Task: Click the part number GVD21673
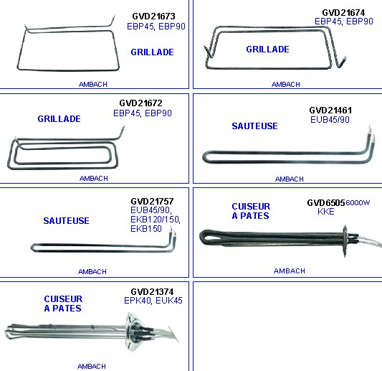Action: coord(153,17)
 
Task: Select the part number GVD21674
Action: coord(343,12)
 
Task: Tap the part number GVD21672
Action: coord(140,103)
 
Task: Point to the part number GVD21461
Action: coord(330,111)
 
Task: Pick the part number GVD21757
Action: coord(152,202)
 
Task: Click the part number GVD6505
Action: coord(326,202)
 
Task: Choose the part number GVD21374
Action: coord(152,292)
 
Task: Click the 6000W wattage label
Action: coord(358,202)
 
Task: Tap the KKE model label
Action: coord(326,212)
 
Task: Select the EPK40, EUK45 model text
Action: coord(153,301)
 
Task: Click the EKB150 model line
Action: coord(146,229)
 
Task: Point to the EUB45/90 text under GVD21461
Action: coord(330,120)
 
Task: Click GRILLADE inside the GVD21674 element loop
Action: coord(268,50)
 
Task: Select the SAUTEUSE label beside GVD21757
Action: coord(66,221)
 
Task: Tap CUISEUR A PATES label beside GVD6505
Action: coord(251,211)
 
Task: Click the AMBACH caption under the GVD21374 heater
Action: coord(92,367)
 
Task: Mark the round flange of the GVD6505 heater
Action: coord(345,241)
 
